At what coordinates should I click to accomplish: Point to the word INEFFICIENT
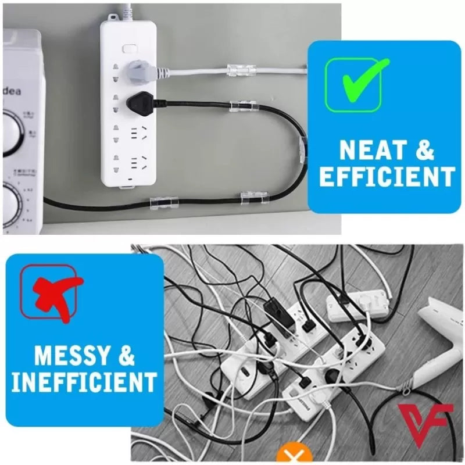point(84,382)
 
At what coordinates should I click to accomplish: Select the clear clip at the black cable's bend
point(302,150)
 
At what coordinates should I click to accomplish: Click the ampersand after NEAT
point(425,150)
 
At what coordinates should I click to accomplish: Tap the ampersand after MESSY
point(126,355)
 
